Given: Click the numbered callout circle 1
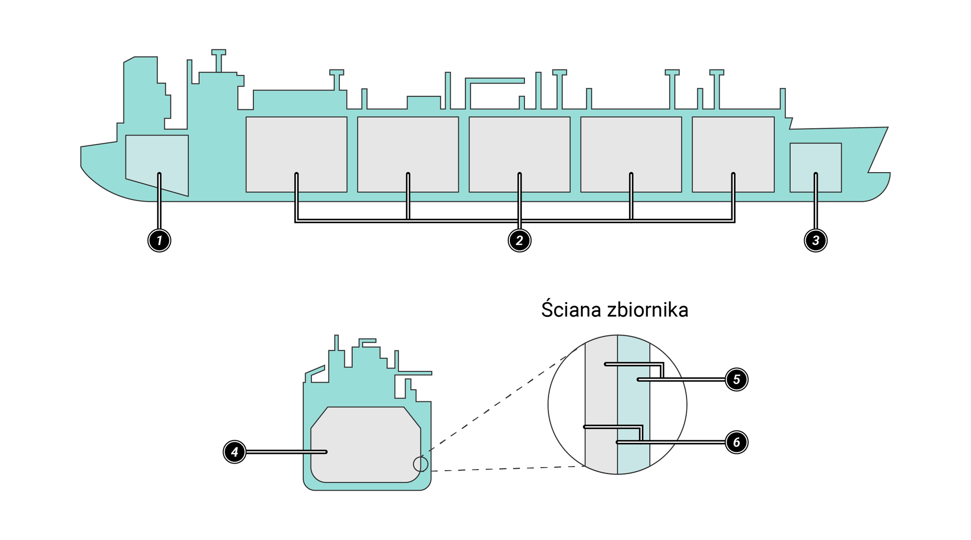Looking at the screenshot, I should click(x=159, y=240).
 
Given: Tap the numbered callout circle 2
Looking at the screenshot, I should click(x=519, y=240).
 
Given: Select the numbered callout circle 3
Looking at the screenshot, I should click(x=815, y=240).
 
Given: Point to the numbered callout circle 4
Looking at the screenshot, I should click(x=235, y=451).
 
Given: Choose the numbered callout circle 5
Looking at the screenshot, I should click(x=736, y=380).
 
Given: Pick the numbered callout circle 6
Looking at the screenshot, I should click(x=736, y=442).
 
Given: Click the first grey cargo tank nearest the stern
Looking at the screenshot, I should click(x=296, y=147).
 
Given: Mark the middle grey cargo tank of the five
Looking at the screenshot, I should click(x=519, y=147).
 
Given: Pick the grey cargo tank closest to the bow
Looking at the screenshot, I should click(x=733, y=147).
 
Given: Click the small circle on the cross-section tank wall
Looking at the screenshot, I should click(x=420, y=464).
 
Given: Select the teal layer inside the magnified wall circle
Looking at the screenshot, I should click(x=633, y=405).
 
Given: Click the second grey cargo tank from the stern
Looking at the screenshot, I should click(x=408, y=147).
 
